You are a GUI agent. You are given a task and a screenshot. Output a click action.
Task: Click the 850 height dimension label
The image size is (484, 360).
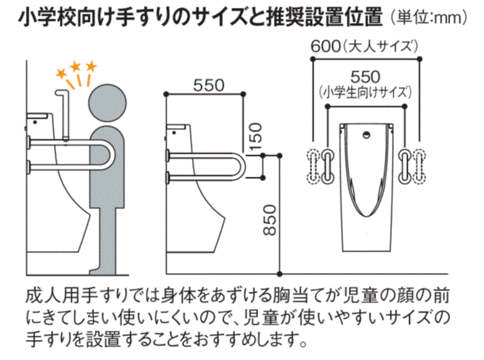point(270,220)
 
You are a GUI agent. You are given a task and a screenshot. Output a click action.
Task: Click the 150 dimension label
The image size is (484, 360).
point(255,137)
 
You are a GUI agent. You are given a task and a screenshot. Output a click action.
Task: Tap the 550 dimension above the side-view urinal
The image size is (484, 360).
point(209,86)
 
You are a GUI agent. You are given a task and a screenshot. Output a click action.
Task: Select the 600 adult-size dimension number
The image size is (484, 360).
point(325,47)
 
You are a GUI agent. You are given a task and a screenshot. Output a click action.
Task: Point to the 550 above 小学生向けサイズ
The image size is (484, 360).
point(365,77)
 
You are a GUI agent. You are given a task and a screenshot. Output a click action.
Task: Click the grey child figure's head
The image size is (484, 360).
point(107,103)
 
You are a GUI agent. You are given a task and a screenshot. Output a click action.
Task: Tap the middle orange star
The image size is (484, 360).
point(76,66)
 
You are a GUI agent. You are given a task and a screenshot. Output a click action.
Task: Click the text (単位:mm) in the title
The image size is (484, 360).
point(429,17)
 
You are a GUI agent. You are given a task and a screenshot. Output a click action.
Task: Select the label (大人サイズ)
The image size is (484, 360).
point(380,47)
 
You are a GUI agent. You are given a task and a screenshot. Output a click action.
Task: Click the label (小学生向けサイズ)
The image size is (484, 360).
point(365,92)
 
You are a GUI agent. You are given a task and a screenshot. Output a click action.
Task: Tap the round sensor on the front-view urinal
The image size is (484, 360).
point(366,134)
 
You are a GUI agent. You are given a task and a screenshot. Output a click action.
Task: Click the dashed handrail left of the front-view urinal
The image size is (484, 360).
point(314,166)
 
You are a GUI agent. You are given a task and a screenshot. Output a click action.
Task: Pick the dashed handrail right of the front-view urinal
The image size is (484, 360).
point(419,166)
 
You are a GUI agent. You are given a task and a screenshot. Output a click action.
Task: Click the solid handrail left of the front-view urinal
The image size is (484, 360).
point(327,167)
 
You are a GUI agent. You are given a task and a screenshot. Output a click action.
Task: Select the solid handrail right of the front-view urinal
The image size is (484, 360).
point(405,167)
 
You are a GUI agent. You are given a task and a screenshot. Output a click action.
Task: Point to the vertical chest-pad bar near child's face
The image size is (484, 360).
point(65,115)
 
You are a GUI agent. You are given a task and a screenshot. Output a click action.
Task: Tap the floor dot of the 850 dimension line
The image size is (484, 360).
point(280,274)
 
